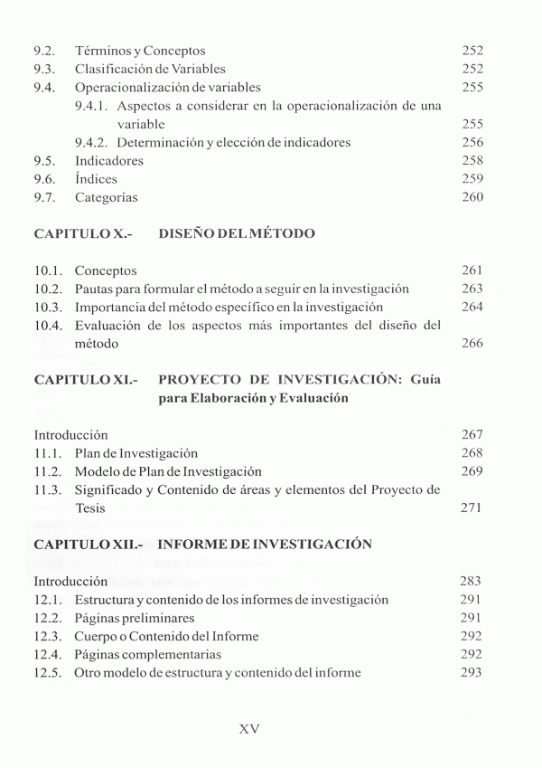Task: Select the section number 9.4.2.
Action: (91, 142)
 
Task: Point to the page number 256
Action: (472, 142)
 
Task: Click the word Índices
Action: (96, 179)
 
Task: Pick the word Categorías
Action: (107, 197)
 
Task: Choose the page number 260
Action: (472, 197)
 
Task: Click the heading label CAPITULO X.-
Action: (83, 234)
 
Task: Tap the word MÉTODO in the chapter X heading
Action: (278, 234)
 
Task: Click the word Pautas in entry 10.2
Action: (95, 289)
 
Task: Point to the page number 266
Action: (472, 344)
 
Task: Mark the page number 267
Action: (472, 435)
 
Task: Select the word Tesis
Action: (90, 508)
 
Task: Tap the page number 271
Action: (472, 508)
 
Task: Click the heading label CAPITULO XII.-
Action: (89, 545)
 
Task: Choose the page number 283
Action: (472, 582)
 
